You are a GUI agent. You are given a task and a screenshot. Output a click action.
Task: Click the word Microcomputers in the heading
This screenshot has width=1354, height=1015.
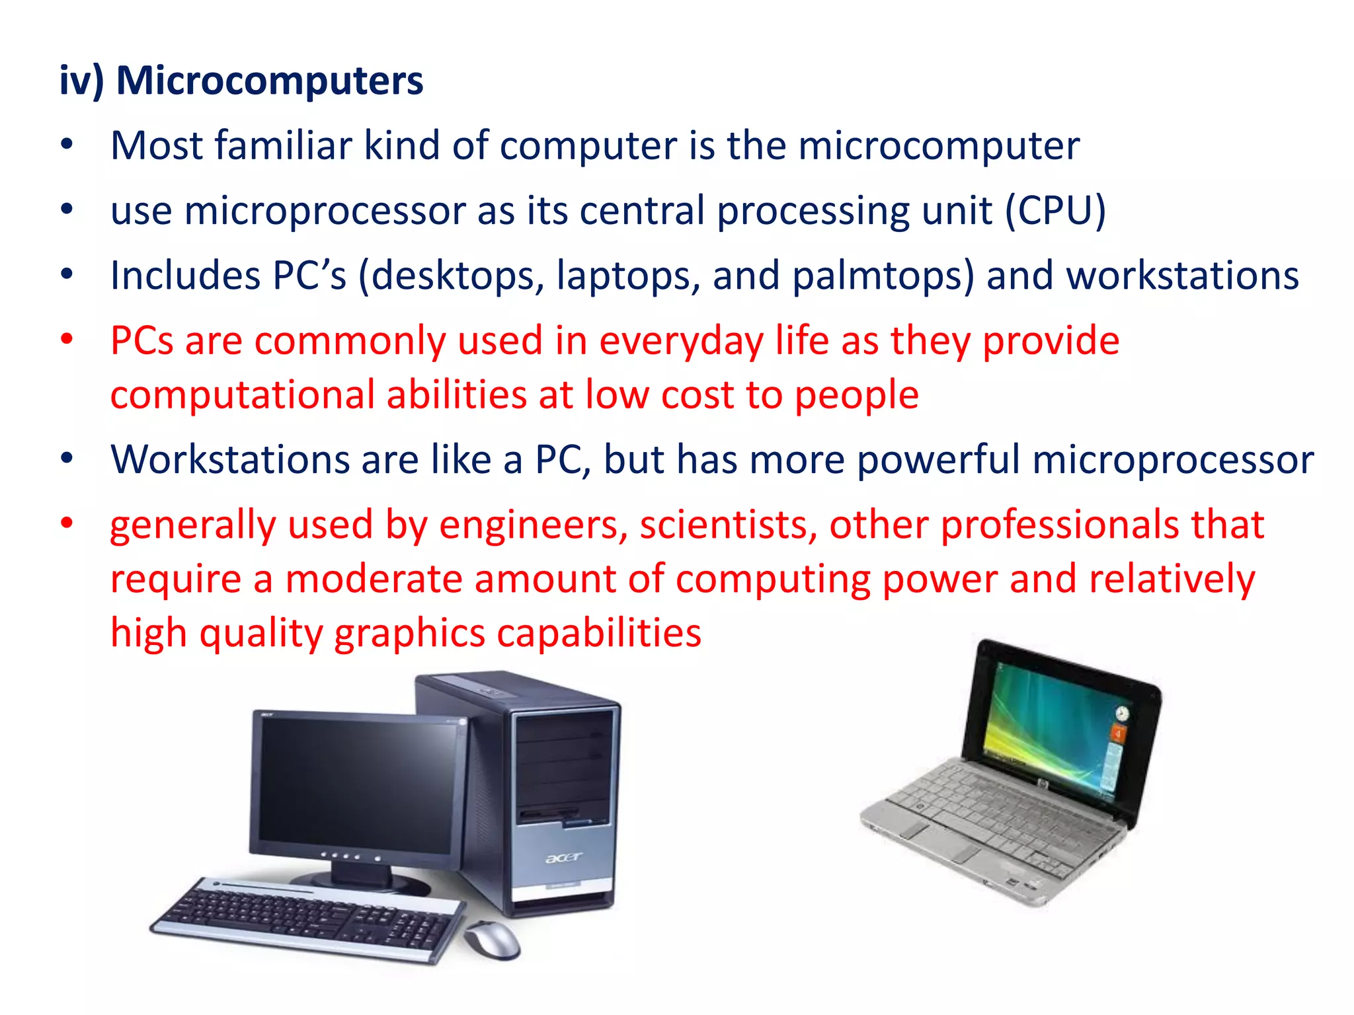(x=269, y=81)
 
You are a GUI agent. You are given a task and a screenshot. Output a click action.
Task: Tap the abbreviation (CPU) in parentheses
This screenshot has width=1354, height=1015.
(x=1056, y=211)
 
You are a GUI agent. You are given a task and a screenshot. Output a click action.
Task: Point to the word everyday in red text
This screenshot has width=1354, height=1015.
(x=681, y=342)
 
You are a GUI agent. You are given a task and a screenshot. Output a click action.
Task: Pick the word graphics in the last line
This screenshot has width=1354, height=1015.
(x=409, y=633)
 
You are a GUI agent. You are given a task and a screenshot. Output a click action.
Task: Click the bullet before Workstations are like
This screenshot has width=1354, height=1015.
(x=67, y=458)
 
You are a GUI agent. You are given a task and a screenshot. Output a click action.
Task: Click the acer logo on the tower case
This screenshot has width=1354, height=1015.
(x=563, y=858)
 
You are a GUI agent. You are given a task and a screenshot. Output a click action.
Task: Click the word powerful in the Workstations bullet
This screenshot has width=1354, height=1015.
(x=938, y=459)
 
